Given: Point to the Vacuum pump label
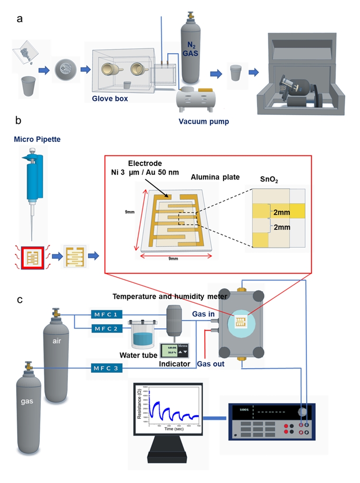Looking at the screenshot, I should [x=203, y=121].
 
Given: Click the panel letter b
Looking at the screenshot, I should [x=19, y=121].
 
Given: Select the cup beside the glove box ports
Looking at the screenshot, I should [x=128, y=85].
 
